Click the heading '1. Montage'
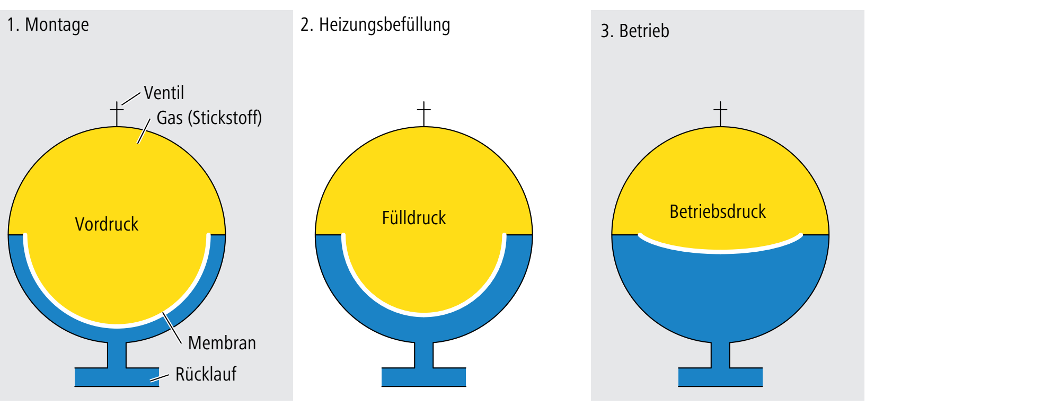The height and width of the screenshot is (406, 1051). pyautogui.click(x=48, y=25)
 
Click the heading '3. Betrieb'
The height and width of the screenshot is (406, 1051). pyautogui.click(x=634, y=31)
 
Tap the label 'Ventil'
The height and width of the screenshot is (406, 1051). pyautogui.click(x=164, y=93)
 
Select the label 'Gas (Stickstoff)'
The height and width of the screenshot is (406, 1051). pyautogui.click(x=209, y=118)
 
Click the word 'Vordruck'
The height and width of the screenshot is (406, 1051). pyautogui.click(x=107, y=224)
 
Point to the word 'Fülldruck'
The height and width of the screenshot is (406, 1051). pyautogui.click(x=414, y=218)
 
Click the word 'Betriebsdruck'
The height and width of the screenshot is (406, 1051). pyautogui.click(x=718, y=211)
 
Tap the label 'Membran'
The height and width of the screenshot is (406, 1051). pyautogui.click(x=222, y=343)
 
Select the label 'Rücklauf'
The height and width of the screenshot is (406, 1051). pyautogui.click(x=206, y=374)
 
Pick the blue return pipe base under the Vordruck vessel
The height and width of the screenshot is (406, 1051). pyautogui.click(x=117, y=376)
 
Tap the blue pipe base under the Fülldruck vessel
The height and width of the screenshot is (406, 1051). pyautogui.click(x=423, y=376)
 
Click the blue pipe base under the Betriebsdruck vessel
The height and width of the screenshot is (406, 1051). pyautogui.click(x=720, y=376)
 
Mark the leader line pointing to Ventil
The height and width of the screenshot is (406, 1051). pyautogui.click(x=131, y=98)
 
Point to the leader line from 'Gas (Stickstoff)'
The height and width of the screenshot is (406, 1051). pyautogui.click(x=144, y=131)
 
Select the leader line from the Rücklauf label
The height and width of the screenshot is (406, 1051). pyautogui.click(x=159, y=377)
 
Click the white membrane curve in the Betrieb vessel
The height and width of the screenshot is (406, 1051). pyautogui.click(x=720, y=250)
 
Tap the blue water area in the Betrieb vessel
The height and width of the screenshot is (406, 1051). pyautogui.click(x=720, y=297)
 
